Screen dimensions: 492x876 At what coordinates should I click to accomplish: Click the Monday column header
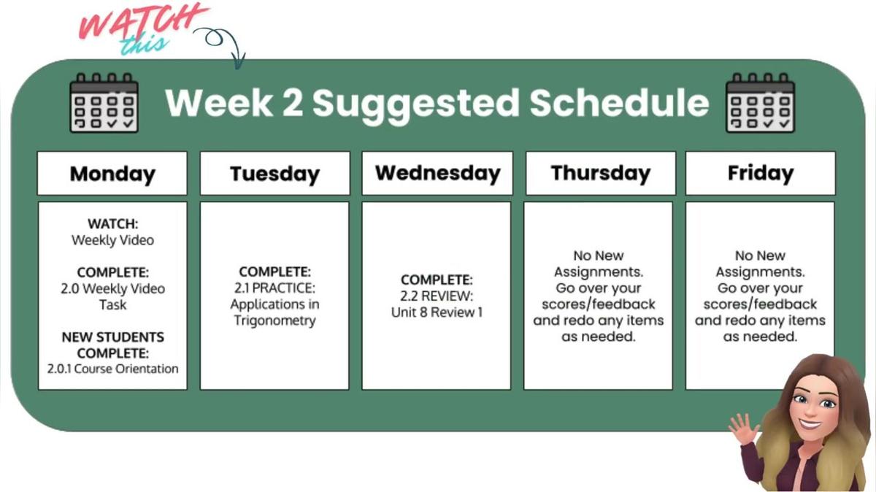[112, 174]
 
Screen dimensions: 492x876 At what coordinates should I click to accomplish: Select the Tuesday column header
[274, 174]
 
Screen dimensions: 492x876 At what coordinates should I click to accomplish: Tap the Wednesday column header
[437, 174]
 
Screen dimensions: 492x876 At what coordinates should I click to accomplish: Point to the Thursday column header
[600, 174]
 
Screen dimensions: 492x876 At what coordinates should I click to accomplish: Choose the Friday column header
[760, 174]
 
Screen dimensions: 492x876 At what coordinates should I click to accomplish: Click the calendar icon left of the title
[103, 103]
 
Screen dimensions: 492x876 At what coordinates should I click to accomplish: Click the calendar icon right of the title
[760, 103]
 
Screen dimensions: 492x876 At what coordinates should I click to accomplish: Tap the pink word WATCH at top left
[142, 22]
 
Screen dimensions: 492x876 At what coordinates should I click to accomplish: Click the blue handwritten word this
[144, 45]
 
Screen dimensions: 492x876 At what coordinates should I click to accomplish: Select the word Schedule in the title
[619, 103]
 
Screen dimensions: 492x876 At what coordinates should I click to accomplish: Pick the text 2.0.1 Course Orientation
[112, 369]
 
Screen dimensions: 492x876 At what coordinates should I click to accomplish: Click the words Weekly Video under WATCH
[112, 240]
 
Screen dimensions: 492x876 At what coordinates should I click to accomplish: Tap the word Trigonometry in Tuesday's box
[274, 320]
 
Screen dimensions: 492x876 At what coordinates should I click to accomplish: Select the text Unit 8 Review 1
[437, 312]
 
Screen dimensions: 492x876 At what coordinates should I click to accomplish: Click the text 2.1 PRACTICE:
[274, 288]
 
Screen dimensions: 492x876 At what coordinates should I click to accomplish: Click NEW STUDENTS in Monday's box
[112, 337]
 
